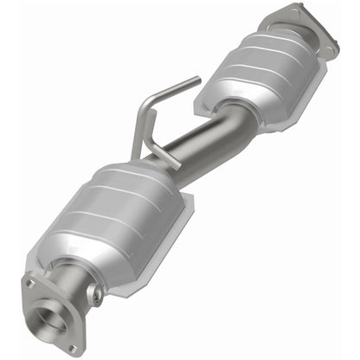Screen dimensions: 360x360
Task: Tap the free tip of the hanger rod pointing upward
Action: tap(197, 81)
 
